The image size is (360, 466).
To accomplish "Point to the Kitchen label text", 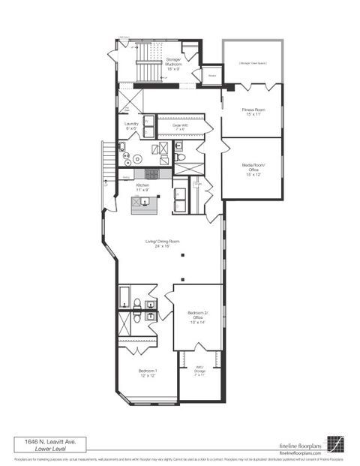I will pyautogui.click(x=142, y=186).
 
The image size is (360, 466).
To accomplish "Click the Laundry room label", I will pyautogui.click(x=130, y=125).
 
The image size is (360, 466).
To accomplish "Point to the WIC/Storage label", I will pyautogui.click(x=200, y=369).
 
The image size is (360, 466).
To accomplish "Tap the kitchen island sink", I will pyautogui.click(x=139, y=200).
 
